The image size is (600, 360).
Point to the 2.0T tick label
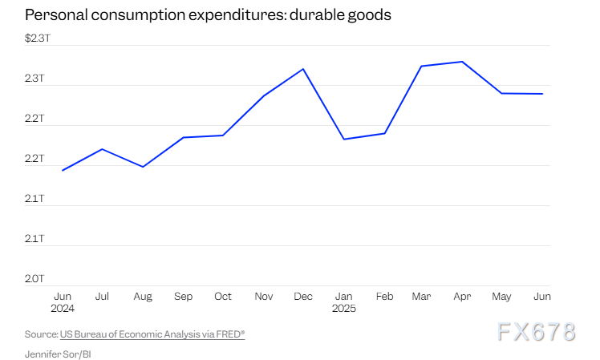34,278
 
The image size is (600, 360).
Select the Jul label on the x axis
102,297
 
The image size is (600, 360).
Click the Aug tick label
143,297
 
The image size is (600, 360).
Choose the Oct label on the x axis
223,297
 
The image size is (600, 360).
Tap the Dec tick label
302,297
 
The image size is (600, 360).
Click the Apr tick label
462,297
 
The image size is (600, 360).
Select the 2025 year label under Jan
344,309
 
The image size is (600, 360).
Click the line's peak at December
303,69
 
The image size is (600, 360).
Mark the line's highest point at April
462,62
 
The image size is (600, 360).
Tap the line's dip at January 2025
343,140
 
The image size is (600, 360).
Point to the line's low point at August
143,167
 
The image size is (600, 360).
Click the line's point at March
422,66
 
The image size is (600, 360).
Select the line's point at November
263,95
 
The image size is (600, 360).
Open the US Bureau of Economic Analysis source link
152,334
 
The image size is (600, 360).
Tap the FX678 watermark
537,331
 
